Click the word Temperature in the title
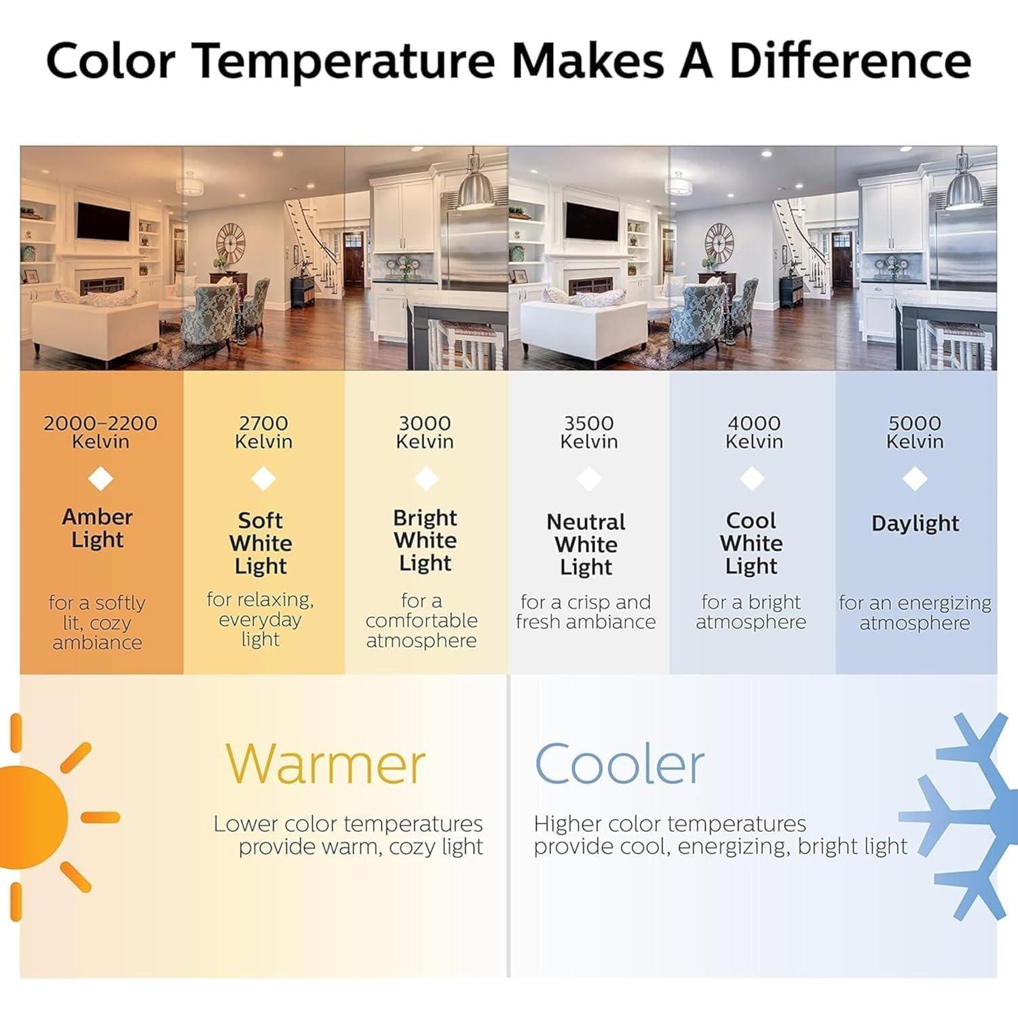coord(345,61)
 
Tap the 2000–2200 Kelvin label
coord(100,432)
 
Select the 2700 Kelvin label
coord(263,432)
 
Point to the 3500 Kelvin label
coord(588,432)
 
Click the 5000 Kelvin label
coord(915,432)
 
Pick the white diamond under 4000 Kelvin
coord(752,478)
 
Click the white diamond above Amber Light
coord(100,478)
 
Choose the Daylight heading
coord(915,523)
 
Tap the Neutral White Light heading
coord(586,544)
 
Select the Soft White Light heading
coord(261,543)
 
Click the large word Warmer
coord(325,763)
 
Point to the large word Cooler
coord(620,763)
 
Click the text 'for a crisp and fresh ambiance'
coord(586,611)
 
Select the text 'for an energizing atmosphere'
coord(915,612)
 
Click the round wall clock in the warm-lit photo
coord(231,242)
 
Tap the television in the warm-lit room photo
coord(103,221)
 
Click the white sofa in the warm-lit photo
coord(95,328)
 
